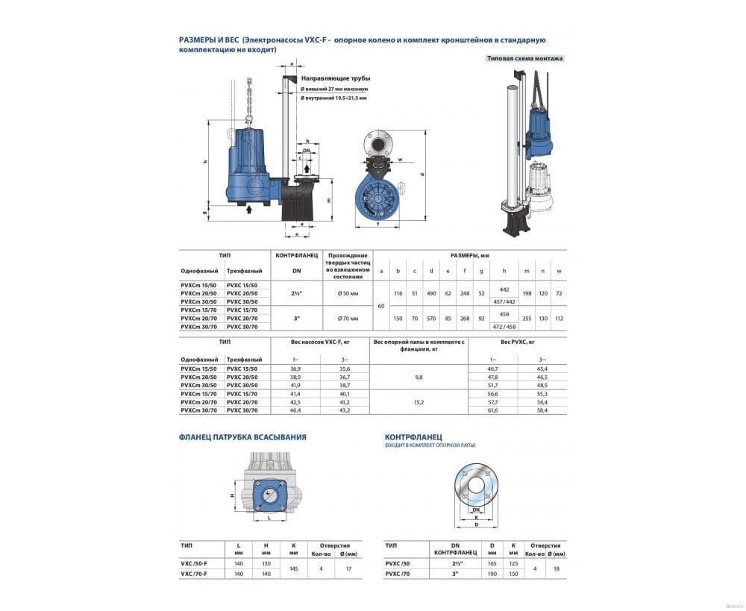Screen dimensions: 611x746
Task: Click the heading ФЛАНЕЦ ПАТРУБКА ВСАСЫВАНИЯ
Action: pos(242,437)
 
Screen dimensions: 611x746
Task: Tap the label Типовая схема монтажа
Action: pos(524,57)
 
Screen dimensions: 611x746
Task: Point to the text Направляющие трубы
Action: pos(335,78)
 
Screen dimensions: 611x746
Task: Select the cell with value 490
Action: pos(431,292)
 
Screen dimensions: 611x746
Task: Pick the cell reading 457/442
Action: pos(504,301)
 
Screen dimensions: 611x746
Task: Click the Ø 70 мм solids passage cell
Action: pos(348,318)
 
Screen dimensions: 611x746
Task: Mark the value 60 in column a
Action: pos(381,305)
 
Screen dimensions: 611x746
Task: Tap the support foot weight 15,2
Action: pos(418,402)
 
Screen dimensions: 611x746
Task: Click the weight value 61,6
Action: pos(492,410)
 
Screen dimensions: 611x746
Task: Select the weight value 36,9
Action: pos(287,369)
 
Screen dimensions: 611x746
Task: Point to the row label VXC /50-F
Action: pos(194,563)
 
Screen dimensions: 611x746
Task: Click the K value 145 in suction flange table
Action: pos(293,568)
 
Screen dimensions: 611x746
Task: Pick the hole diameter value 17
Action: pos(348,568)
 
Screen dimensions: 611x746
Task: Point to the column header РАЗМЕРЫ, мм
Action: pos(469,255)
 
